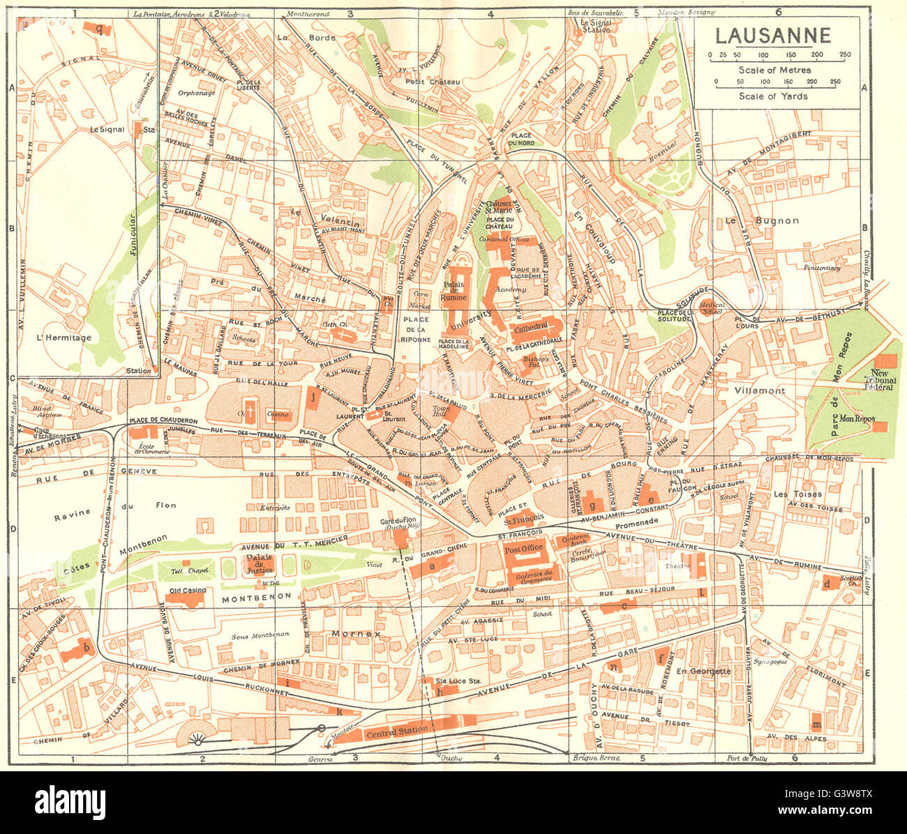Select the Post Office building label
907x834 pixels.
tap(523, 549)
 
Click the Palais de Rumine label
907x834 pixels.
tap(454, 290)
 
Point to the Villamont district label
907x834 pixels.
tap(759, 391)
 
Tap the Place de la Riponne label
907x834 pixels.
tap(417, 324)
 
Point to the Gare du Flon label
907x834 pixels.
tap(398, 525)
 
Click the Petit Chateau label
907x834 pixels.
tap(437, 82)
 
